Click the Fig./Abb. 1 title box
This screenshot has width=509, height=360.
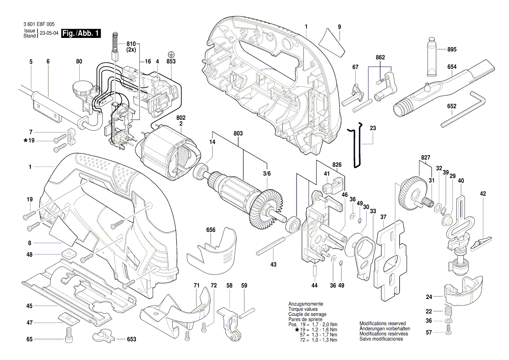pos(81,34)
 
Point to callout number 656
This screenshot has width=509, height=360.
pos(211,230)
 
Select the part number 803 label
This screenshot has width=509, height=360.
pos(238,133)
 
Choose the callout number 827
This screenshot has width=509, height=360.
pos(425,156)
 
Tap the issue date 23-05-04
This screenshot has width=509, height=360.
pos(50,34)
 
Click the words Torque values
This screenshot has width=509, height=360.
pos(303,309)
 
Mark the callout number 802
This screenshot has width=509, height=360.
pos(180,118)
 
